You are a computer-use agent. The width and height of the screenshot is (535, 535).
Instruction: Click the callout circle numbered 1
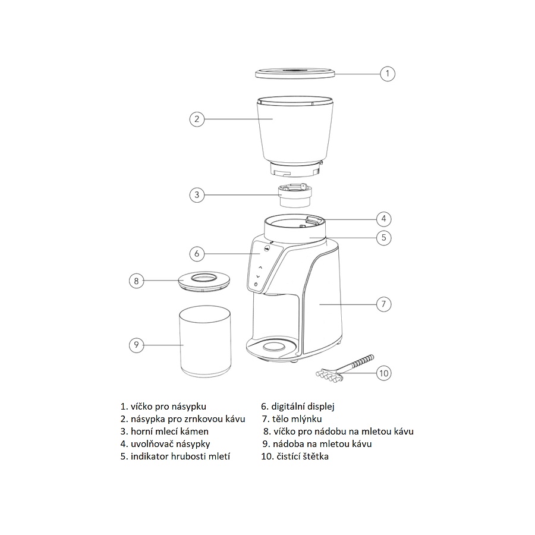pos(388,74)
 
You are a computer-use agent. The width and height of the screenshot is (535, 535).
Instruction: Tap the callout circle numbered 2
pos(197,119)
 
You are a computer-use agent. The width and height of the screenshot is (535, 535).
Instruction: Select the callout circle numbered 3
pos(197,194)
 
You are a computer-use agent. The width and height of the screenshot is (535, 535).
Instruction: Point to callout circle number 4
pos(384,218)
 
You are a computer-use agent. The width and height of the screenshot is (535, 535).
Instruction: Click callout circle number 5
pos(384,238)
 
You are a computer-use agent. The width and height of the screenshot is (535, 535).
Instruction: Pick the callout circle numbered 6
pos(197,254)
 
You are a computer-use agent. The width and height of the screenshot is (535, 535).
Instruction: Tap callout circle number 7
pos(384,304)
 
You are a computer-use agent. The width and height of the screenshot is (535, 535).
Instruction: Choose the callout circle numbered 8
pos(137,281)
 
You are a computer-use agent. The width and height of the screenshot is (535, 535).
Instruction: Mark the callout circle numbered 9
pos(137,345)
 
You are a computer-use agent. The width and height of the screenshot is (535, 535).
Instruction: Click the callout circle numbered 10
pos(384,373)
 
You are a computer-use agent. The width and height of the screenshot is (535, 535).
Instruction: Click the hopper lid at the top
pos(295,74)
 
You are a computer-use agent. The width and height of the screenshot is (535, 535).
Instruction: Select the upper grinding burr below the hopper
pos(295,195)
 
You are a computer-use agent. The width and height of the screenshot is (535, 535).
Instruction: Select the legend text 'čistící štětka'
pos(294,457)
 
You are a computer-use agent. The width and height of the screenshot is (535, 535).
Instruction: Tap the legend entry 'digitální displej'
pos(298,407)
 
